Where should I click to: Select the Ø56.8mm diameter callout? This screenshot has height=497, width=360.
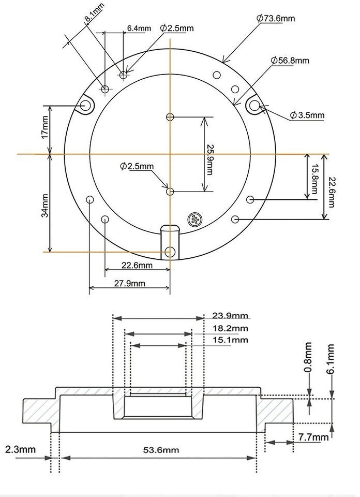290,61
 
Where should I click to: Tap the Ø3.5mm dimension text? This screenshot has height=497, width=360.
307,115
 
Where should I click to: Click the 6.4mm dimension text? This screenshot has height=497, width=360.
138,28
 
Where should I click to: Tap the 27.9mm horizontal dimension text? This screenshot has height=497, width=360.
130,283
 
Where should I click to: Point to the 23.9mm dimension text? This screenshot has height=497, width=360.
230,315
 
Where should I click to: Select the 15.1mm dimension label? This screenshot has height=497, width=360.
230,340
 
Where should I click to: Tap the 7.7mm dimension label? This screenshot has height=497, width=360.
313,437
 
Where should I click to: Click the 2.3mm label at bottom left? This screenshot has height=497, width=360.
21,449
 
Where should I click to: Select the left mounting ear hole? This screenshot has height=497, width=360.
85,106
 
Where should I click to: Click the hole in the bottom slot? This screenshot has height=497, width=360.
170,252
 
